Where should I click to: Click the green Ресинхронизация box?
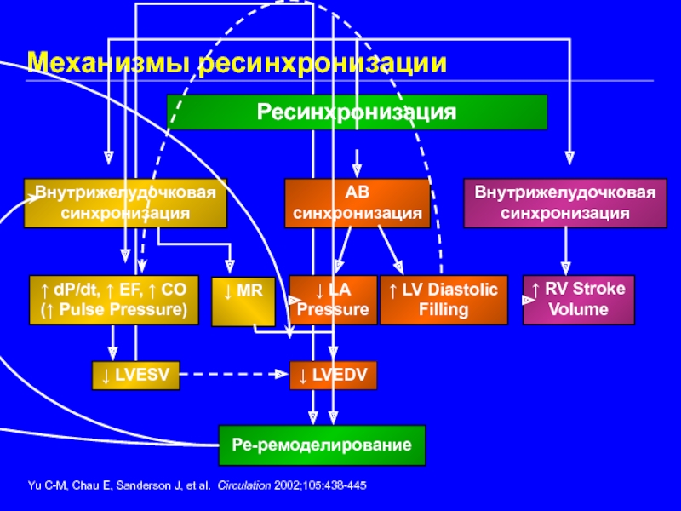(357, 112)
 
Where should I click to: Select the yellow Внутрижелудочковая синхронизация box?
(125, 203)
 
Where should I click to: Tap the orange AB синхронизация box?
(357, 203)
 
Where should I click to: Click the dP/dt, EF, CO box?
(113, 300)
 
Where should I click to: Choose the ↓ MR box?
(243, 300)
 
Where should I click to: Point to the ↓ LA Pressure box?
(332, 300)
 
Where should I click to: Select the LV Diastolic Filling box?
(444, 300)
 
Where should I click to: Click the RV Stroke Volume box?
(578, 300)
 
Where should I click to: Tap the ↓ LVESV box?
(136, 375)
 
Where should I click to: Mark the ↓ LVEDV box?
(333, 375)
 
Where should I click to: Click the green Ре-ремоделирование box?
(322, 445)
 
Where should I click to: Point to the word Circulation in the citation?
(245, 485)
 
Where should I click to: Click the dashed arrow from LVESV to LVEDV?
(234, 375)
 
